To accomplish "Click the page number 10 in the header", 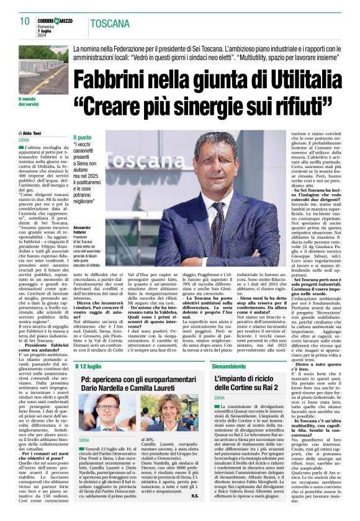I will coord(24,20).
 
